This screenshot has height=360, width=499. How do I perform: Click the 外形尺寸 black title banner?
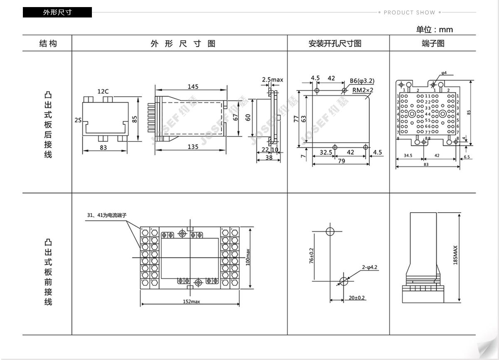tap(57, 12)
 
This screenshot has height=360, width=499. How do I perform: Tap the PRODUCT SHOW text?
tap(409, 12)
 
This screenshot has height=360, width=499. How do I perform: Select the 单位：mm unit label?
tap(434, 30)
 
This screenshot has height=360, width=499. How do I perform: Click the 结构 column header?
tap(48, 44)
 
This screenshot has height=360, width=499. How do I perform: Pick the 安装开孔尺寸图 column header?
tap(335, 44)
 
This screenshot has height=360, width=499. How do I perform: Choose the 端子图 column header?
tap(433, 44)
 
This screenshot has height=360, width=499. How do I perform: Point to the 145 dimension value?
tap(193, 87)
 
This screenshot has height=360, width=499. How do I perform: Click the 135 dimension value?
tap(193, 146)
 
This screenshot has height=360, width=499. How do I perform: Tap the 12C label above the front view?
tap(103, 91)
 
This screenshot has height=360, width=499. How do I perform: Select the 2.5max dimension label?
tap(272, 79)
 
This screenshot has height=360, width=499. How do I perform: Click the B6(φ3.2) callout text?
tap(362, 81)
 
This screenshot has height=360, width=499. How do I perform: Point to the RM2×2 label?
tap(363, 89)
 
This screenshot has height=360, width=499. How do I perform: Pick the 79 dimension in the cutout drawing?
tap(341, 161)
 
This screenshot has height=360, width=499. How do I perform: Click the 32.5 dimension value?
tap(326, 152)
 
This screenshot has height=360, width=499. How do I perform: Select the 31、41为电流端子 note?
tap(106, 216)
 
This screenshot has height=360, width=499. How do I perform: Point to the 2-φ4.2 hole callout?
tap(369, 267)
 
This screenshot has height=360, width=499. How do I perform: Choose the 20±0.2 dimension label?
tap(357, 298)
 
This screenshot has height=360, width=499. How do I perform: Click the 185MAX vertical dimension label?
tap(455, 255)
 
